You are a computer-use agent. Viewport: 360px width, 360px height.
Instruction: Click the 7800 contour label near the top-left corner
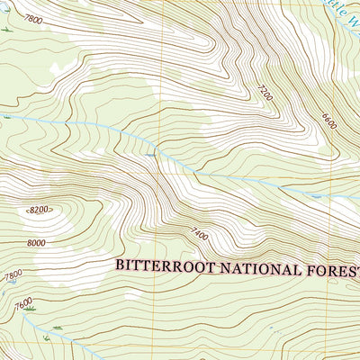pos(32,19)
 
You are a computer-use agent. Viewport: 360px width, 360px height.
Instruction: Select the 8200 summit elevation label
pos(39,210)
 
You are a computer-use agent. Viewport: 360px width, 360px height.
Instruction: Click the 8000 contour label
pos(37,242)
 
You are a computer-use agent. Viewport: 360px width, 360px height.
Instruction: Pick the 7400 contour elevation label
pos(199,235)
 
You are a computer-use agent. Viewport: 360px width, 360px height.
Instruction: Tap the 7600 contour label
pos(23,301)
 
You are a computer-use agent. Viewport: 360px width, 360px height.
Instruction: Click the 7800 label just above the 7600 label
pos(12,276)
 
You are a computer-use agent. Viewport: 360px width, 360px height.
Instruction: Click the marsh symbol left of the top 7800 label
pos(6,29)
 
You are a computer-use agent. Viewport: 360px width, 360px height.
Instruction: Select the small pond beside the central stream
pos(149,155)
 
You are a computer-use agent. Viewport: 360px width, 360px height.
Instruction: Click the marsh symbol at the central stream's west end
pos(6,116)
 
